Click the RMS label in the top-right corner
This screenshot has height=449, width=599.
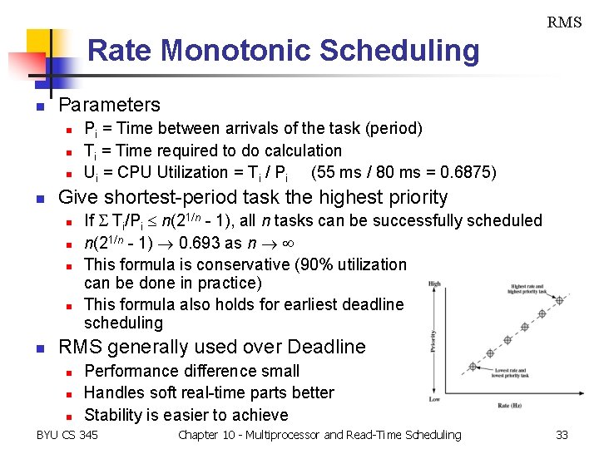tap(563, 22)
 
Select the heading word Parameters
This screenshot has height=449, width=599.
tap(109, 105)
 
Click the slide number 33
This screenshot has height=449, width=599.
tap(562, 435)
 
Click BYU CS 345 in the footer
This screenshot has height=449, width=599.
tap(67, 435)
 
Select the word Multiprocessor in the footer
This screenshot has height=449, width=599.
tap(280, 435)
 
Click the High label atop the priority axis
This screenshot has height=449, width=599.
tap(433, 284)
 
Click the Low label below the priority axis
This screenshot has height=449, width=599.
tap(433, 399)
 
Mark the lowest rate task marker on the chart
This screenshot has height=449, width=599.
tap(473, 366)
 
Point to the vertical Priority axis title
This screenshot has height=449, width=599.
tap(433, 342)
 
